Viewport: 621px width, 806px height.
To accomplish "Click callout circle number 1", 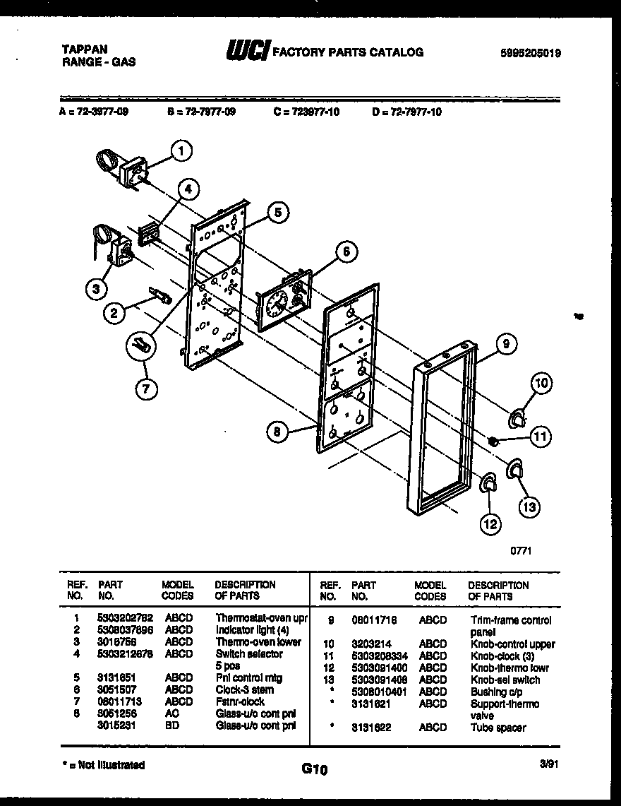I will coord(182,150).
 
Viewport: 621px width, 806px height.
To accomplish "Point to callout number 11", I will coord(539,437).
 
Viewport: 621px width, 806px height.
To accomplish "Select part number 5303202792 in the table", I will coord(123,618).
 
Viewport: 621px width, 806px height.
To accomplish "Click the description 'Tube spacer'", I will coord(498,728).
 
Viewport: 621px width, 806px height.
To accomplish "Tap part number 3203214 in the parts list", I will coord(369,644).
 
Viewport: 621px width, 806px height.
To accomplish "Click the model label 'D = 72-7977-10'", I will coord(406,112).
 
